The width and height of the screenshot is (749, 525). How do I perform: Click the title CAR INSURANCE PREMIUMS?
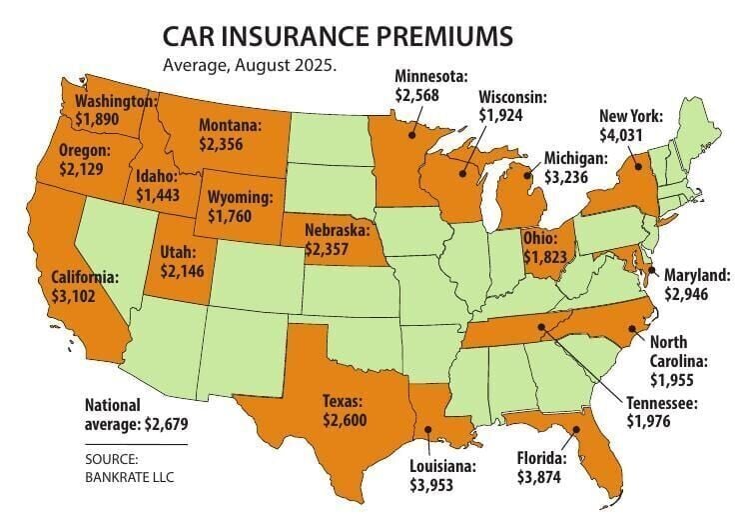[x=339, y=38]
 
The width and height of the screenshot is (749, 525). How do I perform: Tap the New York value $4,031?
[x=620, y=133]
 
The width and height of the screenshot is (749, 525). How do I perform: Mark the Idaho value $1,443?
[x=158, y=195]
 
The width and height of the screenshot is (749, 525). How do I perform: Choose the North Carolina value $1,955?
[x=675, y=380]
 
